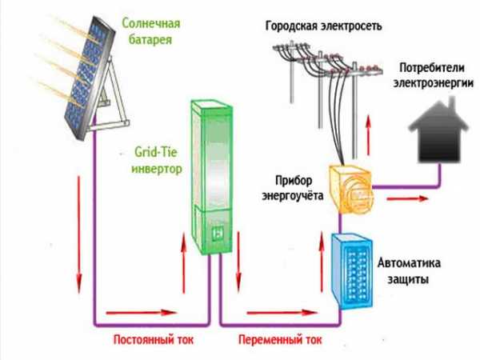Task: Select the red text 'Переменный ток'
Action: [x=279, y=339]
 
